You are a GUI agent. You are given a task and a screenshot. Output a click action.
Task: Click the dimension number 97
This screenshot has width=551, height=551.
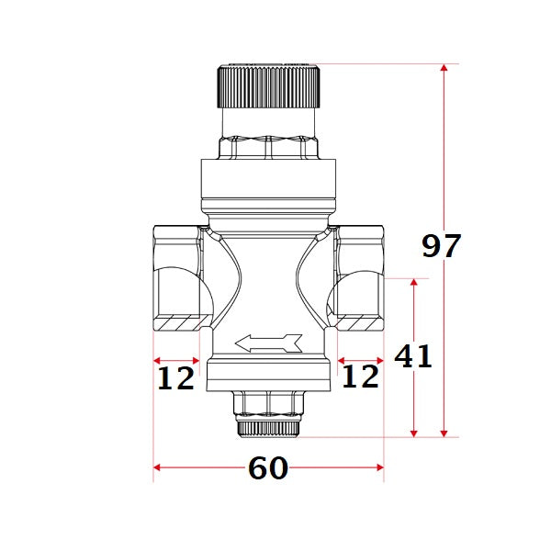click(x=441, y=246)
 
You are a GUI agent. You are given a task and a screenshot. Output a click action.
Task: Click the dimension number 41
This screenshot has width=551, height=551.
click(x=413, y=355)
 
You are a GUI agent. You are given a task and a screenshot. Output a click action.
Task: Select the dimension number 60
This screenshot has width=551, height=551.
click(x=268, y=468)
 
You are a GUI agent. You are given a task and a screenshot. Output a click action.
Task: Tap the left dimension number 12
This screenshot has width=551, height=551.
click(x=175, y=377)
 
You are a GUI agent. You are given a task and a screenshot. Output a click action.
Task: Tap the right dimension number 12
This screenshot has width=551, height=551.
click(x=360, y=376)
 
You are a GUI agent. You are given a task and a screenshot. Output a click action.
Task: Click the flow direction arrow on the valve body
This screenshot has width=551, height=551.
click(x=268, y=343)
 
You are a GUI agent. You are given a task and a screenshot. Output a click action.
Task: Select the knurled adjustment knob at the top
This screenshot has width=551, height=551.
click(x=268, y=86)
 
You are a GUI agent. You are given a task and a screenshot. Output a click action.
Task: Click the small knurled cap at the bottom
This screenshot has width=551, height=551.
click(x=268, y=427)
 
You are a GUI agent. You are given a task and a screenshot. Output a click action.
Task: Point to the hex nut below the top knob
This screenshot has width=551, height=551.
click(x=268, y=146)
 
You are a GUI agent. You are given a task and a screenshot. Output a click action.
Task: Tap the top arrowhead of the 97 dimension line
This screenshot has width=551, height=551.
click(x=445, y=69)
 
